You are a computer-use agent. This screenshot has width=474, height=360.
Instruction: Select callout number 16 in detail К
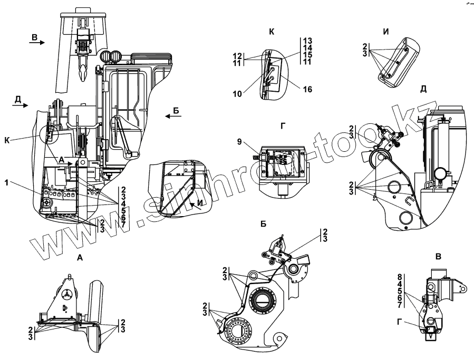point(307,89)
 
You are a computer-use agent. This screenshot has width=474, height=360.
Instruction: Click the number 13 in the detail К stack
point(308,41)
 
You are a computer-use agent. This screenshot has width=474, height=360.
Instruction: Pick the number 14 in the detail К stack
point(308,47)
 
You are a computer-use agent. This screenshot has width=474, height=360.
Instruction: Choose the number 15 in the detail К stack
point(308,54)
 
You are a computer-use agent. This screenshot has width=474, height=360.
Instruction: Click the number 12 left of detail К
point(237,55)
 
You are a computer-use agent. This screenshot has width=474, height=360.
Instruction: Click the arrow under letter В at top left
point(37,44)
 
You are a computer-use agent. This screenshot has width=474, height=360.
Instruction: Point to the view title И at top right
point(386,32)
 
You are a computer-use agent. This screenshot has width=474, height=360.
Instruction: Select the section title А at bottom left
point(79,258)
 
